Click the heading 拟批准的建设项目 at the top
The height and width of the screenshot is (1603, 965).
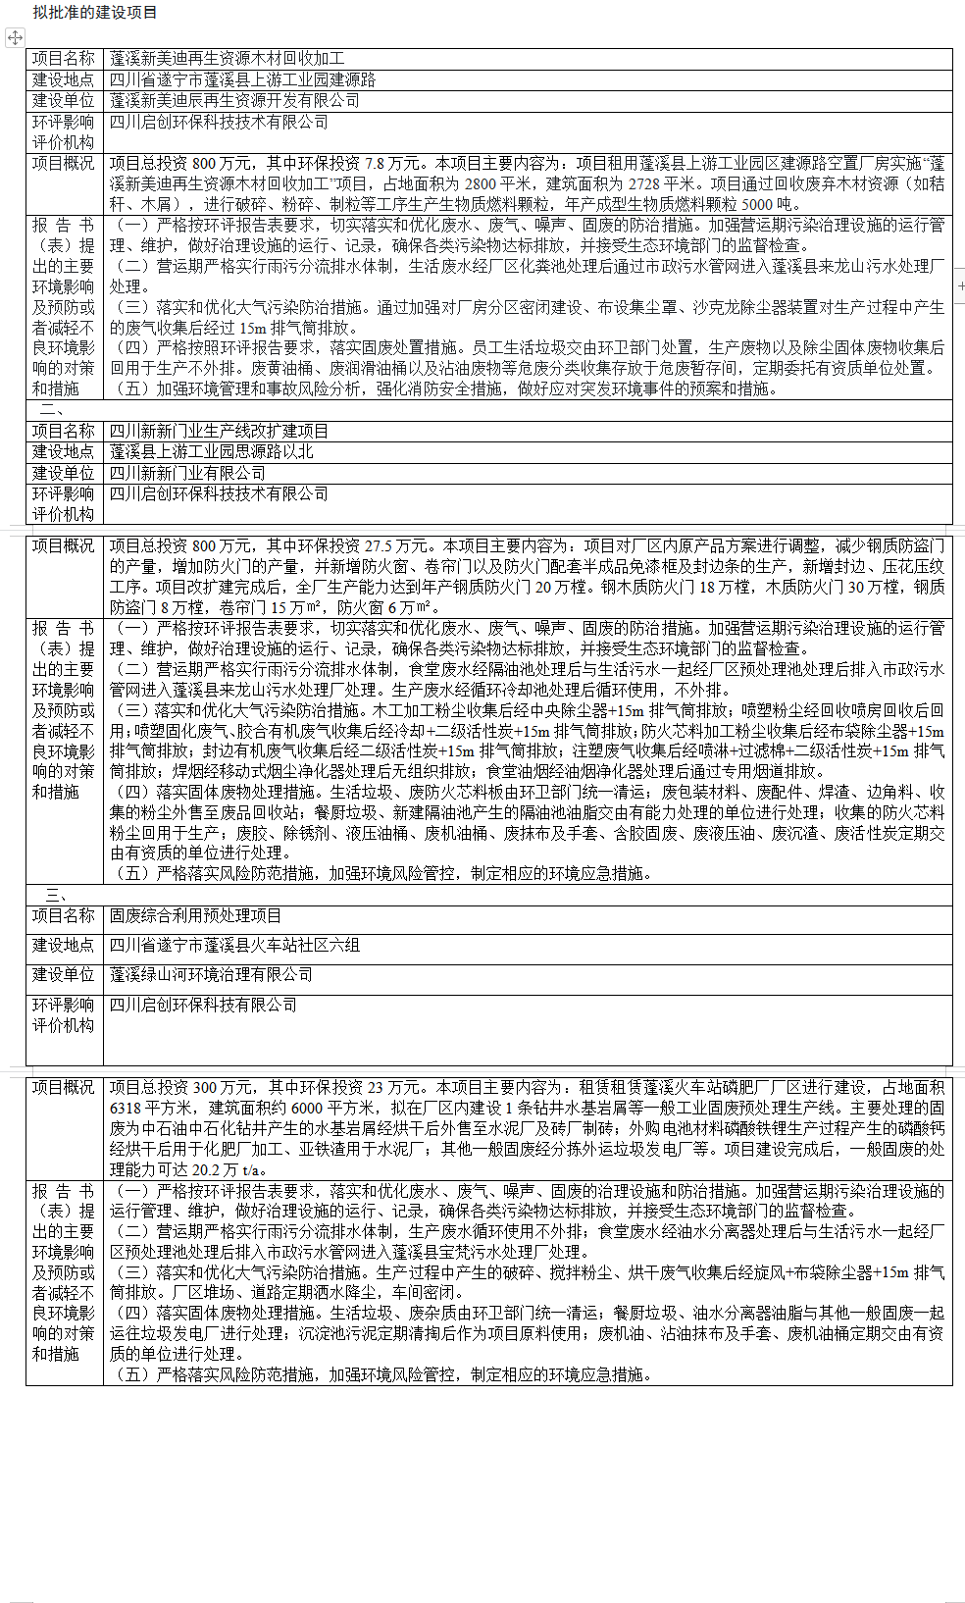pos(94,13)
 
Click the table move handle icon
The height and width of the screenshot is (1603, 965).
pos(15,37)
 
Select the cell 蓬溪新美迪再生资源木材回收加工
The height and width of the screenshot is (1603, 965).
pos(227,59)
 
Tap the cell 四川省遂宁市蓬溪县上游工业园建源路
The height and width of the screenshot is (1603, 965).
pos(242,79)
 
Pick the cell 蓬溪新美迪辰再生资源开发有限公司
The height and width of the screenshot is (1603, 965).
pos(234,100)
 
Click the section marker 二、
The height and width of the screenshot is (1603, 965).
pos(51,410)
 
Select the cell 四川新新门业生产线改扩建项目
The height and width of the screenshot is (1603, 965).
pos(219,431)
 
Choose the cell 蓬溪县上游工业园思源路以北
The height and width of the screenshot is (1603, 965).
pos(211,451)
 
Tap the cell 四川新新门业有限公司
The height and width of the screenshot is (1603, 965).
pos(187,473)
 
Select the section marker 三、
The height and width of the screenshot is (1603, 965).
pos(56,895)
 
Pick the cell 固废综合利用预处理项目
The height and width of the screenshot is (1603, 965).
pos(195,915)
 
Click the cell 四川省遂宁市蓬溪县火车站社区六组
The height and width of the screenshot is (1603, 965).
pos(234,945)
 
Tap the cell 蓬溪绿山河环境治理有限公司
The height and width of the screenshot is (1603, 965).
pos(211,974)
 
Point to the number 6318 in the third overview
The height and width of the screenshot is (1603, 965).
pos(127,1108)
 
